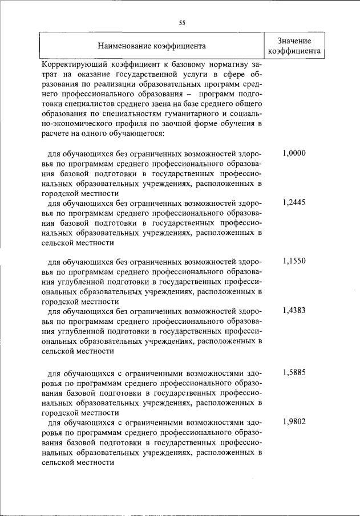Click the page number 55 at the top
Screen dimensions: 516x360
pos(182,23)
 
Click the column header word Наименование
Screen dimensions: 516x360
pos(124,46)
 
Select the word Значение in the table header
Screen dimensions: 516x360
pos(294,40)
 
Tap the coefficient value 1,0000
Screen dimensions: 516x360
pos(294,153)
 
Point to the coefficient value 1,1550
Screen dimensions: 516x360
pos(294,261)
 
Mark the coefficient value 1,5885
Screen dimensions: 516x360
pos(294,373)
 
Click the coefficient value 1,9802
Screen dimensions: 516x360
pos(294,422)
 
